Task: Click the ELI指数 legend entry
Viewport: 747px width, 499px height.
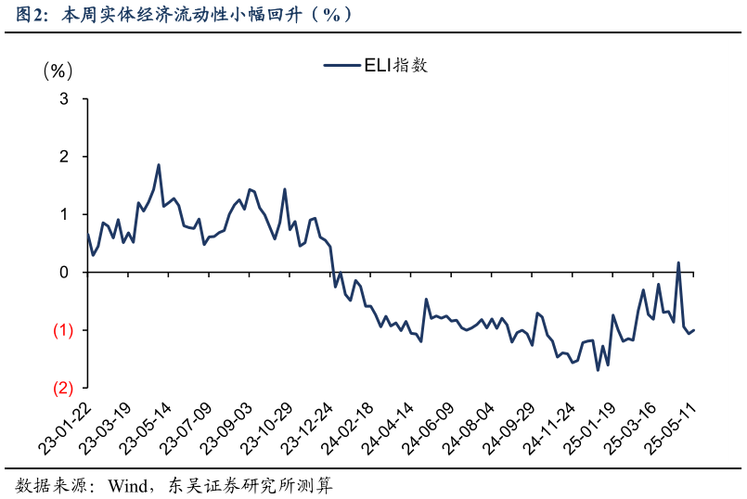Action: click(x=375, y=65)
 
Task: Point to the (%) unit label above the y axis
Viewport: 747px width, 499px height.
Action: click(x=57, y=71)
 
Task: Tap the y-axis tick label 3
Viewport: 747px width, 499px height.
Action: click(x=64, y=98)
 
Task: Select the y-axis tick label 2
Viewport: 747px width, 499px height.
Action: click(x=64, y=157)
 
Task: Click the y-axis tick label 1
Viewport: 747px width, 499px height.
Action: click(x=64, y=214)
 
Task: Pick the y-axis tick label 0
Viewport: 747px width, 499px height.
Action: click(x=64, y=273)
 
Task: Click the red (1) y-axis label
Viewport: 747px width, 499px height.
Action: click(x=62, y=330)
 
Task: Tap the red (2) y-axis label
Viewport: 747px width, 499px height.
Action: click(x=62, y=388)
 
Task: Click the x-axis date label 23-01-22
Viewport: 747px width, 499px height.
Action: click(x=65, y=429)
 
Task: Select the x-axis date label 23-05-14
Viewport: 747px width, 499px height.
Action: click(x=148, y=429)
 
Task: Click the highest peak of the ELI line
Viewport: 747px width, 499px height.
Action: click(x=159, y=165)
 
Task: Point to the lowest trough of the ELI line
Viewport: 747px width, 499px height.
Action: click(x=598, y=370)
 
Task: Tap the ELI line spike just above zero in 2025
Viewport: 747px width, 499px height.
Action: click(x=678, y=262)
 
